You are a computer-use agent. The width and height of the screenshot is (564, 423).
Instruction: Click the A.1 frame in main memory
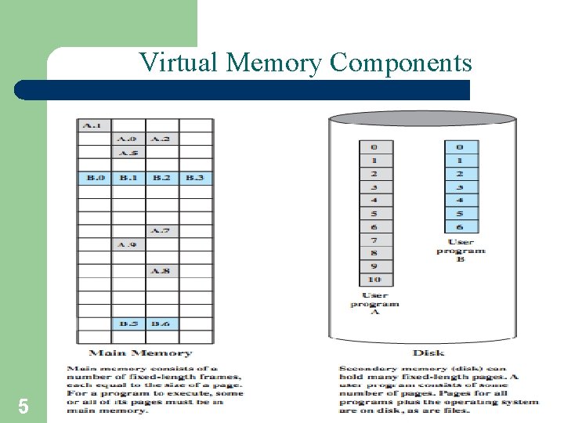93,125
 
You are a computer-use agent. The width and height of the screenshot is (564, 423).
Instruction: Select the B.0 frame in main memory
94,178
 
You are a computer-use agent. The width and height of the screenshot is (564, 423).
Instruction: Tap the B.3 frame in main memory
195,178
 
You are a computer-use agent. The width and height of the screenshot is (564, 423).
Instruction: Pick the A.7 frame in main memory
161,231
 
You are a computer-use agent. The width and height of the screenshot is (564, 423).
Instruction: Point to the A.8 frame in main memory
161,271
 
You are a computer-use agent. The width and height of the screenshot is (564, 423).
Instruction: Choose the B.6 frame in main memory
161,324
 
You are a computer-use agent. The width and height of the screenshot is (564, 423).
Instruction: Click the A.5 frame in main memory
128,152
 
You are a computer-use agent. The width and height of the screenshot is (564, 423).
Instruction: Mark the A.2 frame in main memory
161,139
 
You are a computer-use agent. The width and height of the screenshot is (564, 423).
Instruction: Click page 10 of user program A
374,280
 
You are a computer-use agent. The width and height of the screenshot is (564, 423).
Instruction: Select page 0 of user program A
374,146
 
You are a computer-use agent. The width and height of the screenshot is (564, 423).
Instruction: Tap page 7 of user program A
374,240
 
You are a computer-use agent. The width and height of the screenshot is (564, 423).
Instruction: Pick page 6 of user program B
460,226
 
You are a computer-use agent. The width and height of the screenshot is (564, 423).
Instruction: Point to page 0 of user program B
460,146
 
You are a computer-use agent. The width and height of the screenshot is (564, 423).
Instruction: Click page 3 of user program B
460,186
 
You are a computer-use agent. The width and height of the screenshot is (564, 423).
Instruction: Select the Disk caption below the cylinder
428,353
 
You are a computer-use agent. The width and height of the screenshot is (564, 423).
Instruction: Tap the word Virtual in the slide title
179,63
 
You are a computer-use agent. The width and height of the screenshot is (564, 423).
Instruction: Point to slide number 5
23,406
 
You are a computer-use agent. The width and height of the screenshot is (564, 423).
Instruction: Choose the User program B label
461,250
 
